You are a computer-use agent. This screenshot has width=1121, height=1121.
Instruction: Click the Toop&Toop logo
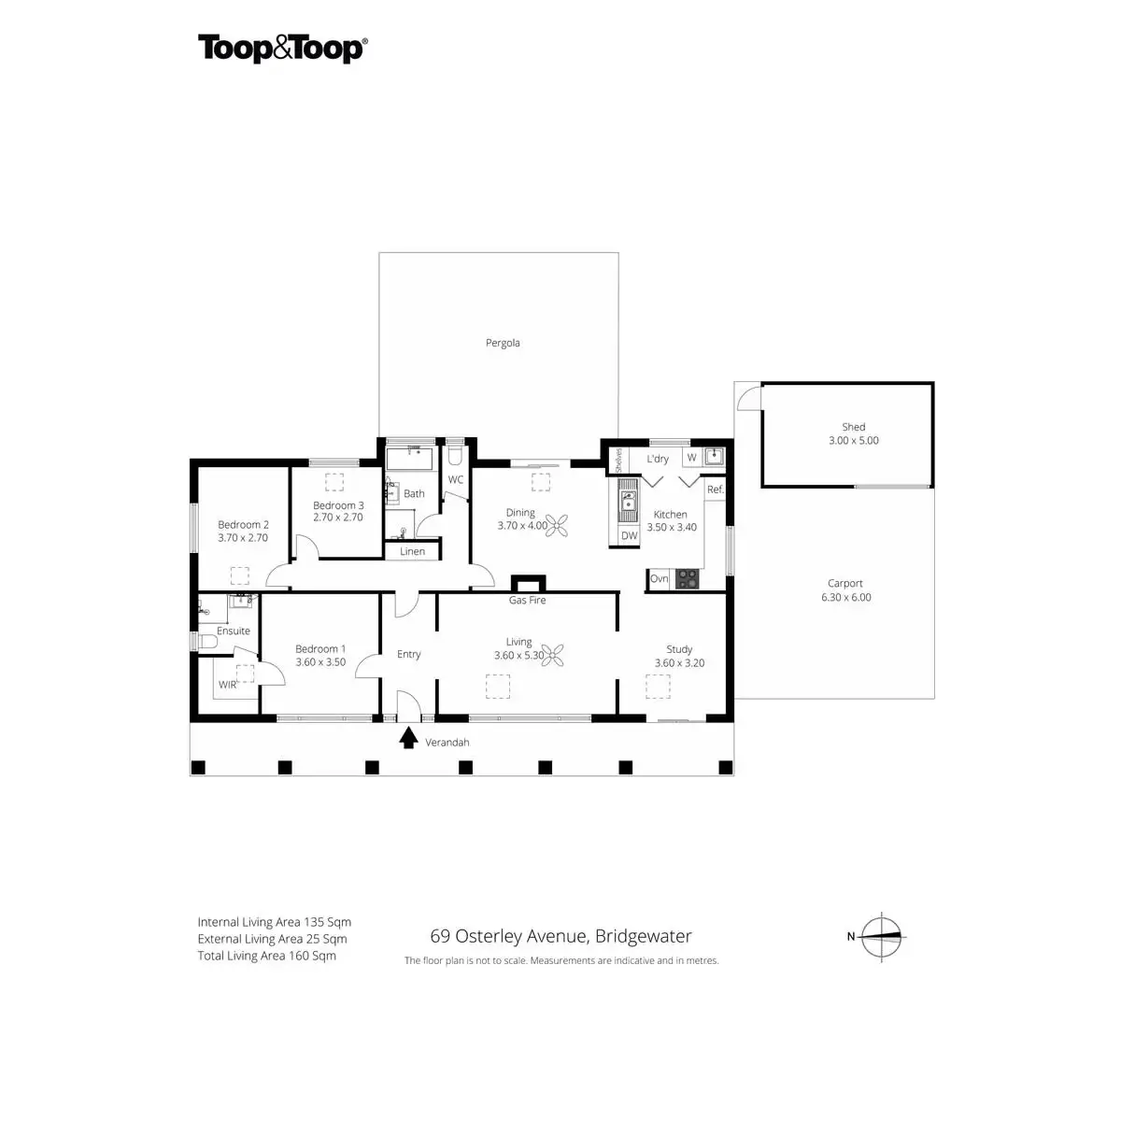282,49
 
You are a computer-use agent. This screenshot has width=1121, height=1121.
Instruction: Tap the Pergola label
503,343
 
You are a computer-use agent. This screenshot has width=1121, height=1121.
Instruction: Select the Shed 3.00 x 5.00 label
854,433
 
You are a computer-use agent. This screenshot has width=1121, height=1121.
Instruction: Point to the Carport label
845,584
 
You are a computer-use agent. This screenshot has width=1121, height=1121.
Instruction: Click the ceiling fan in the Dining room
558,526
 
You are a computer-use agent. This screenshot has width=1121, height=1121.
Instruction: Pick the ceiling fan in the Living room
557,657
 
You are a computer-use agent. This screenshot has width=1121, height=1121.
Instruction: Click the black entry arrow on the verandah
408,739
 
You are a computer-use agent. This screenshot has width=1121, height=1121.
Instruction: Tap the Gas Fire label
527,601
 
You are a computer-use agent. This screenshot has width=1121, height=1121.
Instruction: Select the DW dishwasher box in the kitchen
629,536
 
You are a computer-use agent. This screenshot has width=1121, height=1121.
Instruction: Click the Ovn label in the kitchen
660,579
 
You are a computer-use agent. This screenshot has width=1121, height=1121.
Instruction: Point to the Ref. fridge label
716,490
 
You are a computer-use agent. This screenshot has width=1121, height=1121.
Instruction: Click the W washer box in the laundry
692,458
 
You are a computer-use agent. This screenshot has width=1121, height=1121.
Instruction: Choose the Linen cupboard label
412,551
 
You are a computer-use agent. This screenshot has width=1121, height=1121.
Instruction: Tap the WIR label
228,685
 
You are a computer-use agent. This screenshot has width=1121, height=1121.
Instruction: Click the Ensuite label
234,631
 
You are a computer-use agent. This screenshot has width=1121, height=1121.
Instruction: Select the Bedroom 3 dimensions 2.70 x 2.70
338,518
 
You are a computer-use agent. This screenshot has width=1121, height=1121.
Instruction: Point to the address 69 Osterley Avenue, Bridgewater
560,936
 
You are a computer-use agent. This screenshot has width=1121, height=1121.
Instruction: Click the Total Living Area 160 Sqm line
267,956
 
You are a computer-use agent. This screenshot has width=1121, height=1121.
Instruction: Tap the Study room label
679,649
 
